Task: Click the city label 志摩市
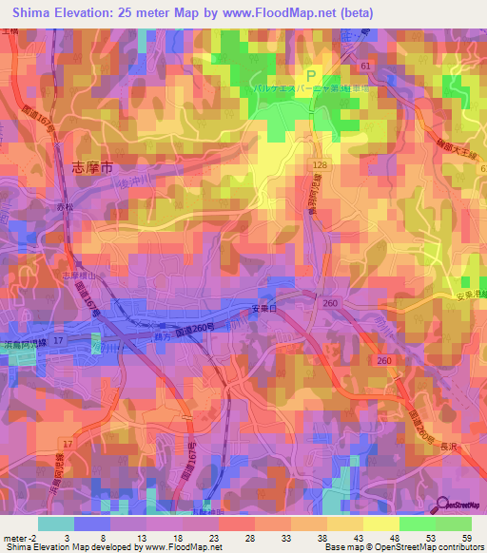click(x=92, y=166)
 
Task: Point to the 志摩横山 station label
click(x=79, y=276)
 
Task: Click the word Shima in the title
click(x=34, y=12)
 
